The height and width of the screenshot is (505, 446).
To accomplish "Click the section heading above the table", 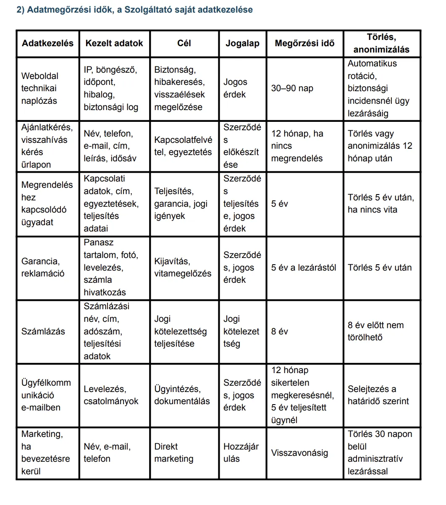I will [x=134, y=10].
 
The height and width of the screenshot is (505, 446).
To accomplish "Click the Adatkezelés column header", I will [x=47, y=43].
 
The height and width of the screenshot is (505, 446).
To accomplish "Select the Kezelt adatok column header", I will [x=114, y=43].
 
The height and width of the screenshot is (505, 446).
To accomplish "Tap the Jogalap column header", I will [x=242, y=43].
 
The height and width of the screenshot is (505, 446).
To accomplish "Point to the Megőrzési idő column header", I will [x=304, y=43].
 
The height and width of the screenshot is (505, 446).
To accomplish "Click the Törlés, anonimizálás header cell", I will [x=381, y=43].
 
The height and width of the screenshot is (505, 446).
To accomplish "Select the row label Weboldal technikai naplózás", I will [x=40, y=88].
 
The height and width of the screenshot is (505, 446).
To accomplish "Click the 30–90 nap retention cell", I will [x=292, y=88].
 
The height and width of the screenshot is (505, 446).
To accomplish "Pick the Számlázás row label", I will [x=43, y=331].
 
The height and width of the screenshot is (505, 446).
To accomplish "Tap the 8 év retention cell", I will [x=280, y=331].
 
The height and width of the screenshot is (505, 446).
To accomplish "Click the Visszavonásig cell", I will [x=299, y=453].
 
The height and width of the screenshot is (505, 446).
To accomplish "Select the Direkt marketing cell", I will [x=174, y=453].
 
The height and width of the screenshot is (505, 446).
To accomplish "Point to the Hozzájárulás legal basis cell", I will [x=241, y=453].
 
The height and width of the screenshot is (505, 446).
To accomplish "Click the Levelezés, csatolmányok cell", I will [x=111, y=395].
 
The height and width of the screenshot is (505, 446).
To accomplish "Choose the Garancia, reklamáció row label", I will [x=43, y=268].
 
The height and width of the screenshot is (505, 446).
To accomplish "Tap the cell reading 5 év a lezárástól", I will [x=304, y=268].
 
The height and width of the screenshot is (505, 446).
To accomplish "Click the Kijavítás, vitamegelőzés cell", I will [x=183, y=268].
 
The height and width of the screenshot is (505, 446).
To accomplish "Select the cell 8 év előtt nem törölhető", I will [x=375, y=331].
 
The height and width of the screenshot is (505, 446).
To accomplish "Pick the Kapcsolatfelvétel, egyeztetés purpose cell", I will [x=183, y=146].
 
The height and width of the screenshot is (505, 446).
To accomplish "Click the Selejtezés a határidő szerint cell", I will [x=378, y=395].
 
